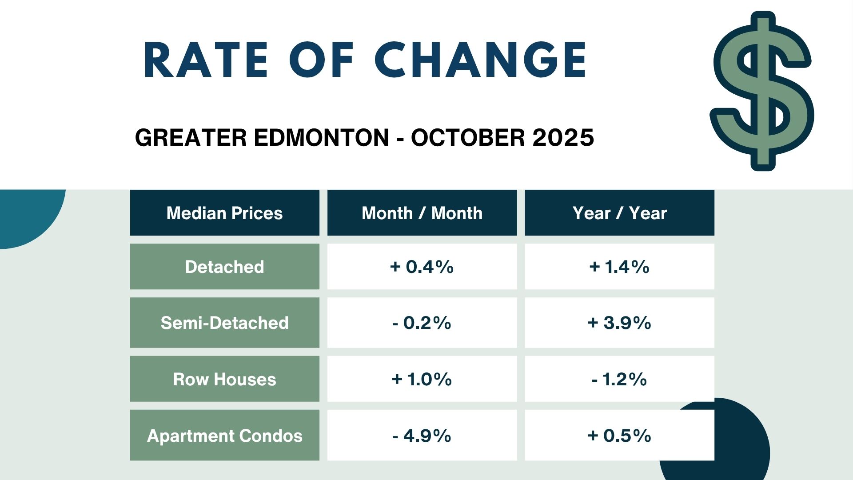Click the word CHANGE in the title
pos(481,60)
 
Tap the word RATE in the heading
pos(206,60)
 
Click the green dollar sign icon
pos(762,92)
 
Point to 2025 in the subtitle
pos(563,137)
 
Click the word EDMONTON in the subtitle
pos(322,137)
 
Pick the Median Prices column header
pos(224,213)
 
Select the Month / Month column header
pos(422,213)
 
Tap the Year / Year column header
pos(619,213)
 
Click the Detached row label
pos(224,267)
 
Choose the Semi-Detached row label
pos(224,323)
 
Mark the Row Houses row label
pos(224,379)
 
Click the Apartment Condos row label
pos(224,436)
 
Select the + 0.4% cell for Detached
pos(422,267)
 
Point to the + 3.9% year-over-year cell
pos(619,323)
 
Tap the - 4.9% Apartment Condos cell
pos(422,436)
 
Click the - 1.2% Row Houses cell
pos(619,379)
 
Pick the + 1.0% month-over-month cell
pos(422,379)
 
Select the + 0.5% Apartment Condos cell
pos(619,436)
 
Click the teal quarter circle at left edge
pos(27,213)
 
